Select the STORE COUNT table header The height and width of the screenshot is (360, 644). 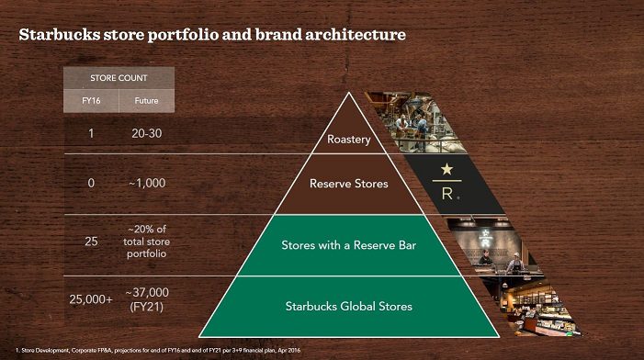tap(119, 78)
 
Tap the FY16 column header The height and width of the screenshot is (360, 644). tap(91, 100)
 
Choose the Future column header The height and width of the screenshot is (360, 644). tap(146, 100)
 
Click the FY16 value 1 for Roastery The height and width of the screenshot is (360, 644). tap(91, 133)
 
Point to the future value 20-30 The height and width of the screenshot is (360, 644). tap(147, 133)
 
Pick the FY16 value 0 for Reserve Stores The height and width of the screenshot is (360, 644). tap(91, 183)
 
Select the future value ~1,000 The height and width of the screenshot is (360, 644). tap(147, 183)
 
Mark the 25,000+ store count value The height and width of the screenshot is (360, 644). tap(91, 298)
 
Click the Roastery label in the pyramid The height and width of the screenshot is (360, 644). tap(349, 141)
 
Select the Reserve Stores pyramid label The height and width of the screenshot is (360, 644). tap(349, 183)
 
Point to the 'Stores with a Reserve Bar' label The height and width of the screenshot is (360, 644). tap(349, 245)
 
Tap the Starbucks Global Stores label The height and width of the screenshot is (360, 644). tap(349, 305)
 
